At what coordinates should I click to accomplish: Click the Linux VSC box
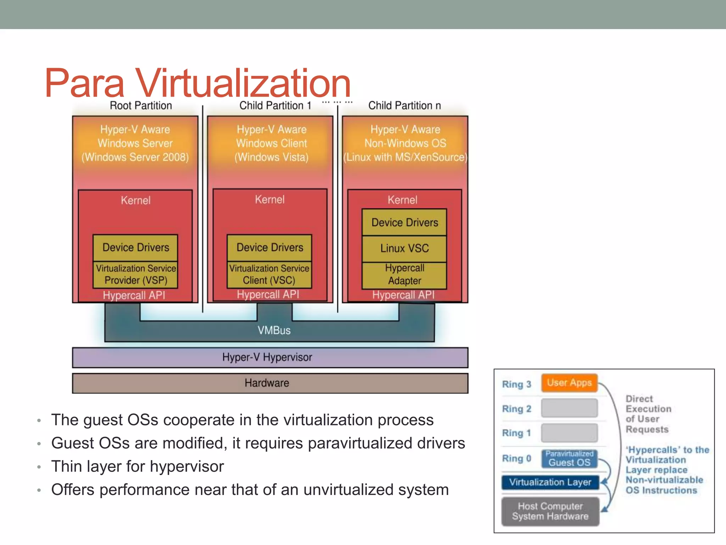[x=404, y=248]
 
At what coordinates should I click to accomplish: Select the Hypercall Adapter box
[x=404, y=275]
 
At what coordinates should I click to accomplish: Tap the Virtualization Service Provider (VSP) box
[x=135, y=275]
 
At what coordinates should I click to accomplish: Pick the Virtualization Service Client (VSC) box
[x=269, y=275]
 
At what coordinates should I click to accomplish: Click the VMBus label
[x=274, y=330]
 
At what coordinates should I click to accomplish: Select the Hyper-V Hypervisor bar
[x=270, y=357]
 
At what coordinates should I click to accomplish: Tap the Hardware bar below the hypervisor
[x=270, y=383]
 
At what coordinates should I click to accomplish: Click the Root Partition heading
[x=141, y=105]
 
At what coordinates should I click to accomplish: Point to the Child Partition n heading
[x=404, y=105]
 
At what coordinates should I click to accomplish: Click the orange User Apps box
[x=569, y=383]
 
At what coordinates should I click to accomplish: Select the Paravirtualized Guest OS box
[x=569, y=458]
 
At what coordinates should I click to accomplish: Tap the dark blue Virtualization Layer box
[x=550, y=482]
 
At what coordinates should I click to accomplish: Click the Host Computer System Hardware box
[x=550, y=511]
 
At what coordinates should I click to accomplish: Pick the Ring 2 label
[x=516, y=409]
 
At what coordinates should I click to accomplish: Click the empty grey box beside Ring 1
[x=569, y=433]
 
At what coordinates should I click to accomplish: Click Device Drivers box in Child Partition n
[x=404, y=222]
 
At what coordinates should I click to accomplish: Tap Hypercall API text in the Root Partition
[x=134, y=295]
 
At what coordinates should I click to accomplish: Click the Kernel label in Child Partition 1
[x=270, y=199]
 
